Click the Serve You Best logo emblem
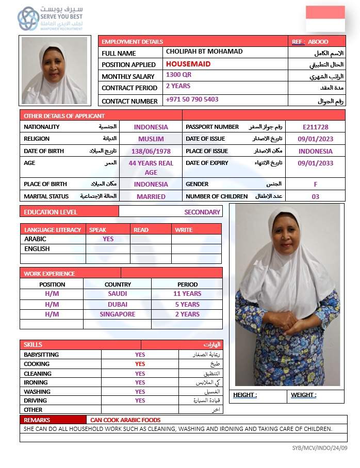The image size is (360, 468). click(28, 19)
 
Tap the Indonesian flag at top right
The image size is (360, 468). click(325, 19)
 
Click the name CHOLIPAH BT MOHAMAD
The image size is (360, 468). click(204, 52)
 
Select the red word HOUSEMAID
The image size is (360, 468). click(188, 64)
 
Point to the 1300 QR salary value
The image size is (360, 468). click(179, 75)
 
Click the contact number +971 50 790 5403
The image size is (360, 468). click(192, 99)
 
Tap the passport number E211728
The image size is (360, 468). click(316, 127)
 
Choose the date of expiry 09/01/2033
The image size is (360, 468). click(316, 163)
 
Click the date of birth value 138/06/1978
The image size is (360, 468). click(151, 152)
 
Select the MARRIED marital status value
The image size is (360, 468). click(151, 196)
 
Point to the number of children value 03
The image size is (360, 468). click(316, 196)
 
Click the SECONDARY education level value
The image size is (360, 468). click(202, 212)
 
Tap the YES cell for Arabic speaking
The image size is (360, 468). click(108, 239)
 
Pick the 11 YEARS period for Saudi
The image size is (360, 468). click(187, 294)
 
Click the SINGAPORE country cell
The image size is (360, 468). click(118, 314)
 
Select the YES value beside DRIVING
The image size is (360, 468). click(140, 400)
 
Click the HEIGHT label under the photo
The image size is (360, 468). click(245, 395)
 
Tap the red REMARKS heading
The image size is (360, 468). click(37, 420)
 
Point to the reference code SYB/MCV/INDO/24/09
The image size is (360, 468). click(320, 448)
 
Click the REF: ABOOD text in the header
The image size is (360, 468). click(310, 42)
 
